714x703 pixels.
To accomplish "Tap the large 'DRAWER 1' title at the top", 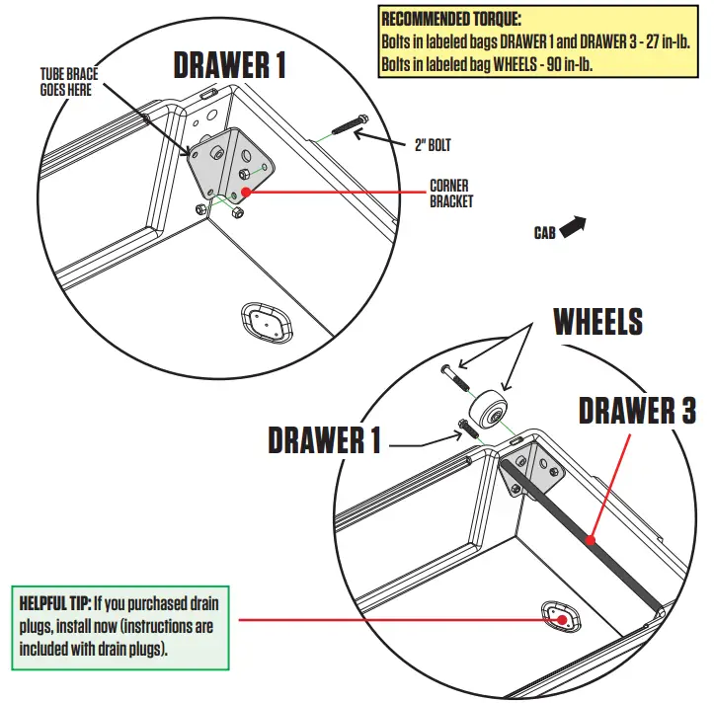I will pyautogui.click(x=230, y=65).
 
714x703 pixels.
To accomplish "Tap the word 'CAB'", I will pyautogui.click(x=544, y=233).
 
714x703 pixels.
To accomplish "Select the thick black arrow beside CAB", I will pyautogui.click(x=574, y=227).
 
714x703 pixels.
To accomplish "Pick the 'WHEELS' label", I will pyautogui.click(x=597, y=322).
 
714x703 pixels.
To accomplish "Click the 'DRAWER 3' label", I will pyautogui.click(x=638, y=410).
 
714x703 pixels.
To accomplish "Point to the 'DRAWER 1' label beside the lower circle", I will pyautogui.click(x=324, y=440).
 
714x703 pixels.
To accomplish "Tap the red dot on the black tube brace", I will pyautogui.click(x=589, y=539).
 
